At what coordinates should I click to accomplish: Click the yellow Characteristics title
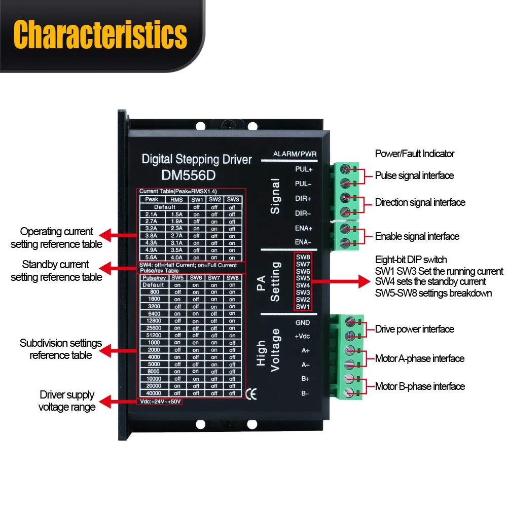coord(100,34)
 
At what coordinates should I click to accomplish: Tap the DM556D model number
coord(189,175)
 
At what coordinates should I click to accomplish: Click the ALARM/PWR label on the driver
coord(295,154)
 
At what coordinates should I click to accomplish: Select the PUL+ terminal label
coord(304,169)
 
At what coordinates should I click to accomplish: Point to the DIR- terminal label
coord(303,213)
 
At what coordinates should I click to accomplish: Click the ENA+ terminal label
coord(304,228)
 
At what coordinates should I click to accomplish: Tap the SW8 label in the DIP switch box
coord(303,257)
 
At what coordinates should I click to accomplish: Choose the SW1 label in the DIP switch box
coord(303,307)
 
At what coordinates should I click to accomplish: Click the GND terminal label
coord(303,322)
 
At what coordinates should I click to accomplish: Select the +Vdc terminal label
coord(302,336)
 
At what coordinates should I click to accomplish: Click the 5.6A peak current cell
coord(151,258)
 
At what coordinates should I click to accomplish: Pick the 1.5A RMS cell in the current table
coord(177,214)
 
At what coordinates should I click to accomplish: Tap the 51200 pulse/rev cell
coord(154,335)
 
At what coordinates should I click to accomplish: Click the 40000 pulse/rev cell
coord(154,393)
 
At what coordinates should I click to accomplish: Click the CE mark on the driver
coord(251,394)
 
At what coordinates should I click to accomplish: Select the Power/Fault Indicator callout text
coord(415,154)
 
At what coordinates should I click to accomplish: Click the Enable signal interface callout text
coord(417,236)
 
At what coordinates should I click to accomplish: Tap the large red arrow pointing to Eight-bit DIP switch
coord(341,281)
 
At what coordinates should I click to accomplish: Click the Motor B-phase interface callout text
coord(420,386)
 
